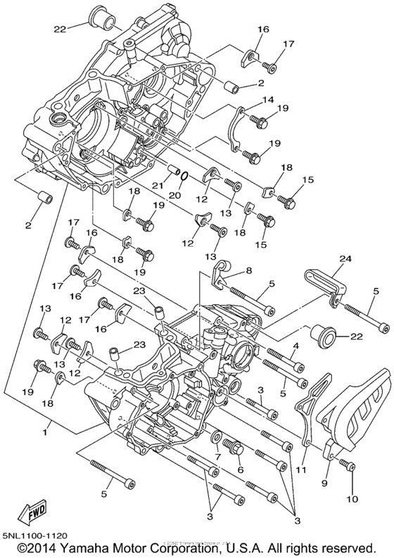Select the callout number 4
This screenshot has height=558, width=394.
click(x=296, y=346)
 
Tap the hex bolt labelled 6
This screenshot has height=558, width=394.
click(x=232, y=446)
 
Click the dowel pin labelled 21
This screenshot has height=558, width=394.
click(x=170, y=169)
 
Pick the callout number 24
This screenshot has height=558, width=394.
click(x=345, y=260)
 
